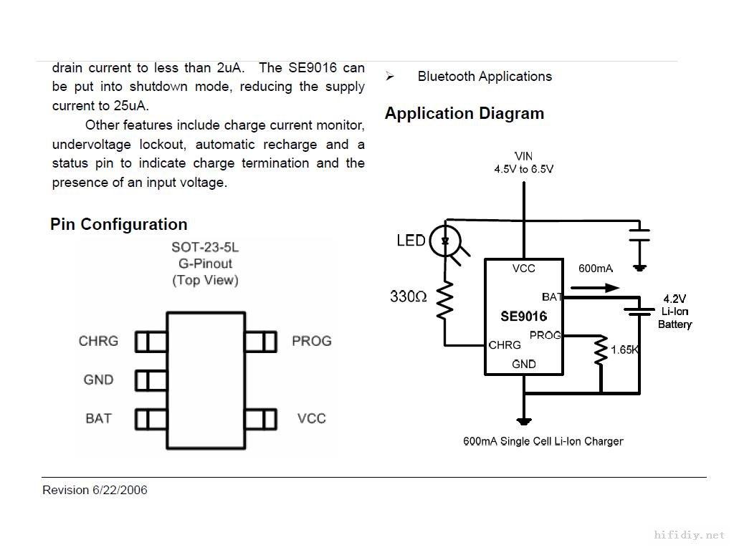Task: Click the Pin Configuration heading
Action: click(118, 224)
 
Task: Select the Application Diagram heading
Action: click(464, 113)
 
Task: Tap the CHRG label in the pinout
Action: click(98, 341)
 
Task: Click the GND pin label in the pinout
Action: click(98, 380)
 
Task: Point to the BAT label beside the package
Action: click(98, 418)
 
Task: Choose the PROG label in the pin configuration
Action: click(312, 341)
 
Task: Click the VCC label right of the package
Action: click(312, 418)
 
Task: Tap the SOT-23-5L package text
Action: click(205, 248)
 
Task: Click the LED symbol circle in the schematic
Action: click(446, 241)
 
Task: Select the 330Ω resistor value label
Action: click(409, 296)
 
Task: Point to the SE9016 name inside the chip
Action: click(523, 317)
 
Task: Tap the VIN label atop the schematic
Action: click(523, 156)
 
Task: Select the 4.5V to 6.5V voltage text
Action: click(523, 170)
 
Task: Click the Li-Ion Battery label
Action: click(675, 318)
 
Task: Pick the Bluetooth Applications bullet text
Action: click(485, 77)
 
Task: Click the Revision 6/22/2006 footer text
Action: click(95, 490)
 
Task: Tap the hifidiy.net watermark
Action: click(690, 535)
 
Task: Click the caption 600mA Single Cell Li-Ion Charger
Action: click(543, 441)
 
